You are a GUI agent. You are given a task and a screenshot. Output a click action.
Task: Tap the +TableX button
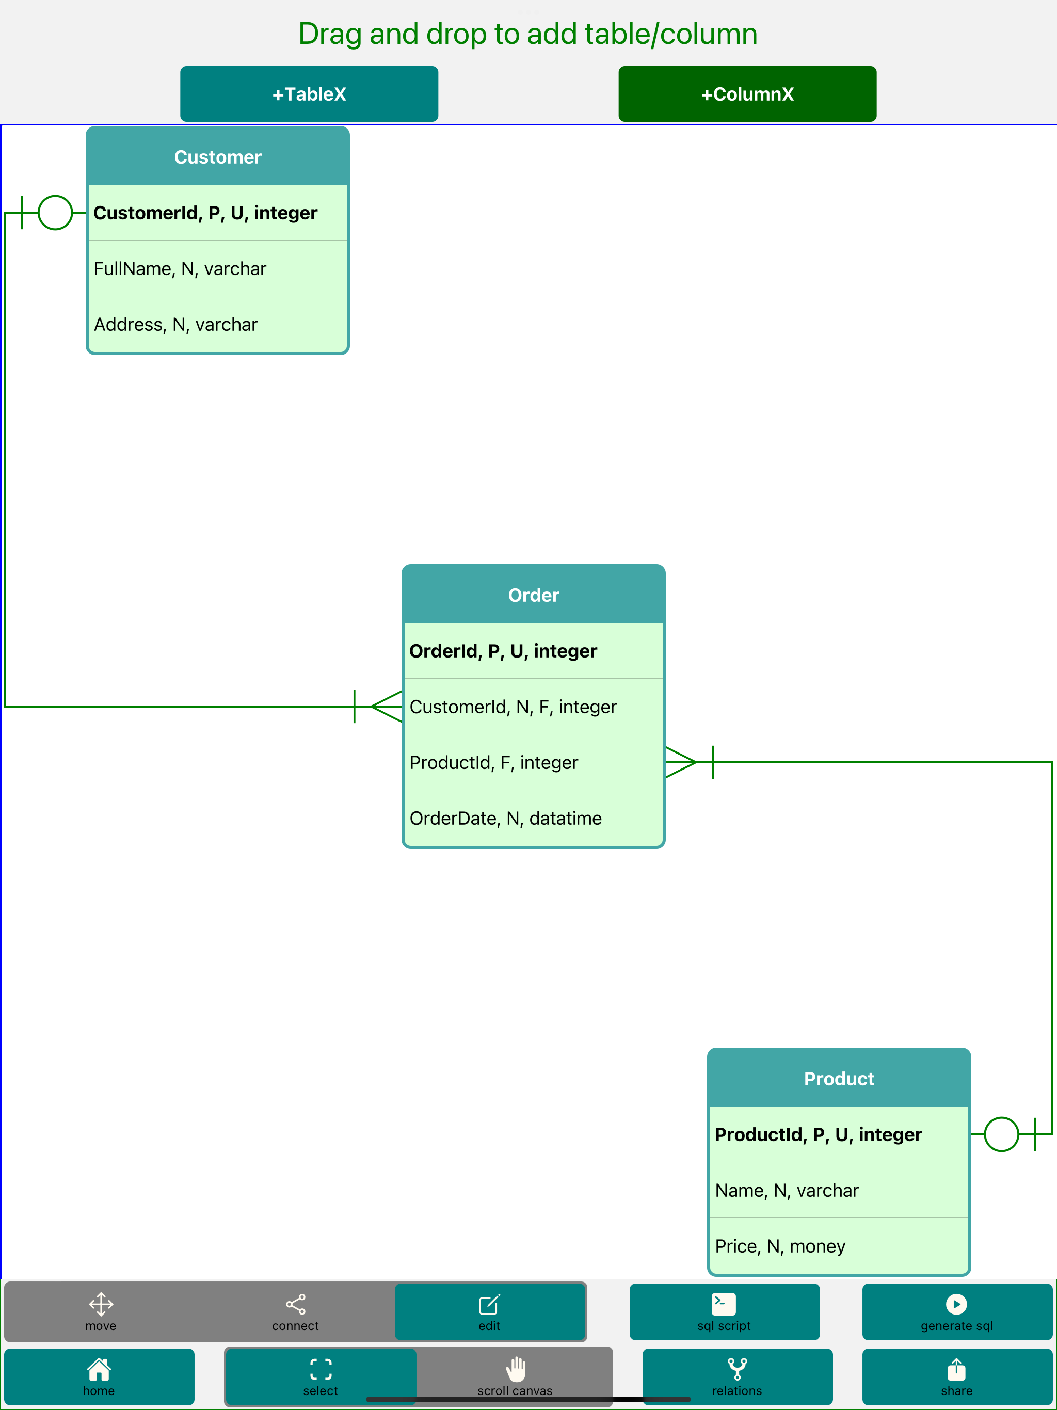tap(309, 94)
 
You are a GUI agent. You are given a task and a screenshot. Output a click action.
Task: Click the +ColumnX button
tap(747, 94)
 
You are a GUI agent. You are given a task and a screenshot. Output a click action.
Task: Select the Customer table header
tap(218, 157)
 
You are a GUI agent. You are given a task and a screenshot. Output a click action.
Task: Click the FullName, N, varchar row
tap(218, 268)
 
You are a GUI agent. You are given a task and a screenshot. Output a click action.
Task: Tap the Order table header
tap(534, 595)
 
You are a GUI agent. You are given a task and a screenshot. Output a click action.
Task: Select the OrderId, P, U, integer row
tap(534, 651)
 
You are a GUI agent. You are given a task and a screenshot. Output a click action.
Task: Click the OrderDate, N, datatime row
tap(534, 818)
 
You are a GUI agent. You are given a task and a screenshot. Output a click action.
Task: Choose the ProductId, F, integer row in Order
tap(534, 762)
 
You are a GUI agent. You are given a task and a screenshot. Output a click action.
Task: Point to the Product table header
tap(839, 1079)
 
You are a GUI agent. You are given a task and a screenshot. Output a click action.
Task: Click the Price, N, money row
tap(839, 1245)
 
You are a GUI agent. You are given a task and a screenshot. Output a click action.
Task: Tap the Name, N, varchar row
tap(839, 1190)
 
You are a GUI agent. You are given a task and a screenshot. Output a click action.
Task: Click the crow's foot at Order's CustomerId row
tap(387, 706)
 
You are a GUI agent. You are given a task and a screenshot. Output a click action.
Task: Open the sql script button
tap(724, 1312)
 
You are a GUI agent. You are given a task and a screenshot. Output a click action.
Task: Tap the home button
tap(99, 1376)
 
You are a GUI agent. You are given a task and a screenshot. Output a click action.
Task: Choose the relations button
tap(737, 1376)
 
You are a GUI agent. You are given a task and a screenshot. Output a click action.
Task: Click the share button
tap(957, 1376)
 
